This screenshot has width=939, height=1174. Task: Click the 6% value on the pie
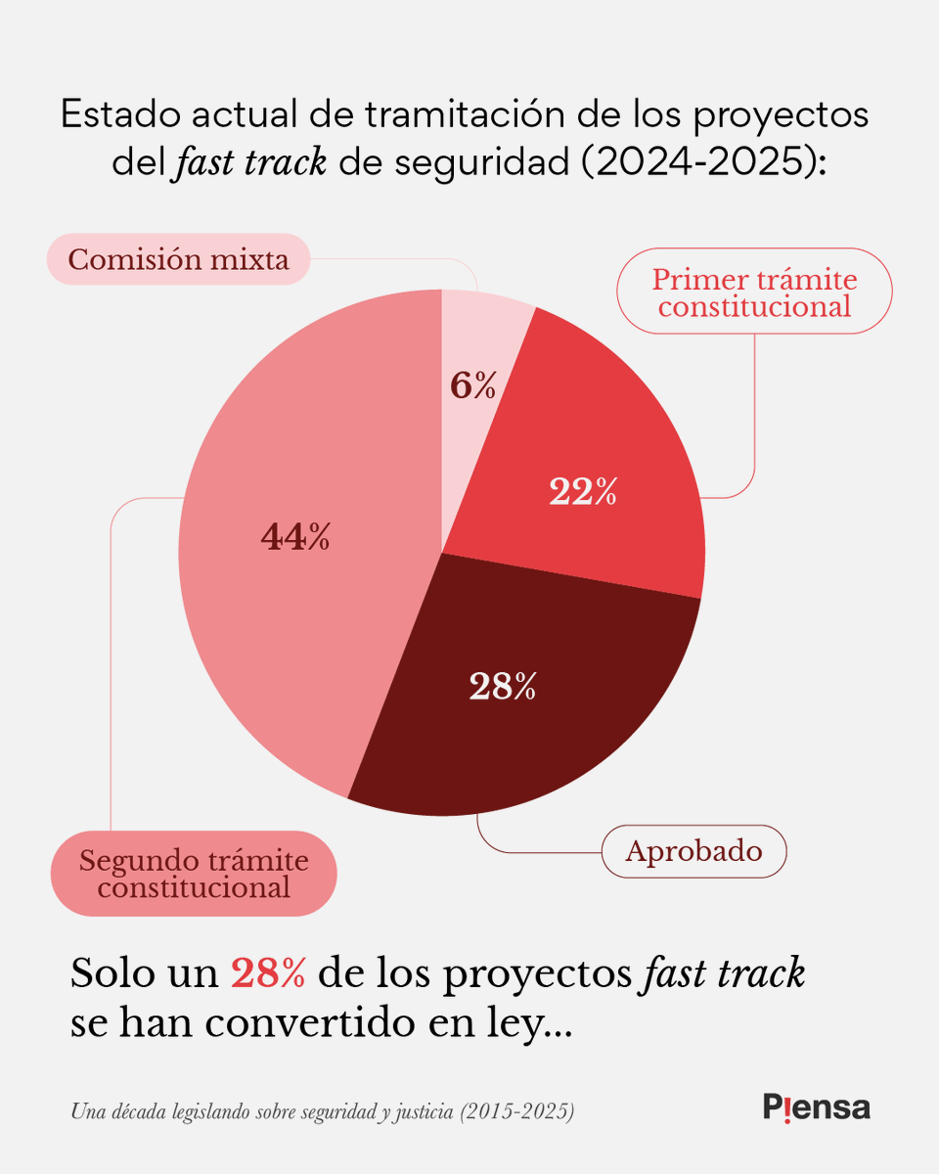coord(473,386)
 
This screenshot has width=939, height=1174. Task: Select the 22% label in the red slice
coord(583,492)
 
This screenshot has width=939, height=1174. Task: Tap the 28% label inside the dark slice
coord(503,687)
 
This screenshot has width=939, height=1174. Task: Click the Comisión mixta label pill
coord(178,260)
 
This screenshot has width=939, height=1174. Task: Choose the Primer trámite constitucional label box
coord(754,293)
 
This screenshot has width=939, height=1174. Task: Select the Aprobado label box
coord(693,850)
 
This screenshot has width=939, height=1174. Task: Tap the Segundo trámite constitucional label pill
coord(194,874)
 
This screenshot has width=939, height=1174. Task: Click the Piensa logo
coord(816,1107)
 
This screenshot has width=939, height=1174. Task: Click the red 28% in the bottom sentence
coord(268,973)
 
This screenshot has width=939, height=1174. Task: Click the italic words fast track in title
coord(250,161)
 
